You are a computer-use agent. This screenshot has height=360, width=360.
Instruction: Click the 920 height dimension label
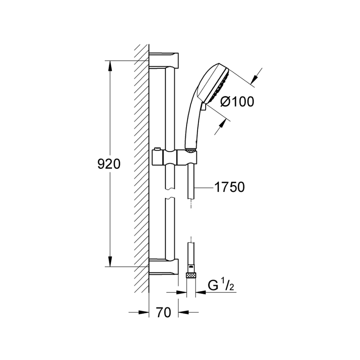(x=109, y=164)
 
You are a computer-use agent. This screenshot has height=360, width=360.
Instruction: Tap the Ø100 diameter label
(x=237, y=102)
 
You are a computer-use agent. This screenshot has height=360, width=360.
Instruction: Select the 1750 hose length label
(x=229, y=187)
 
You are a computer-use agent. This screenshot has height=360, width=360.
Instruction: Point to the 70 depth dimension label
(x=164, y=312)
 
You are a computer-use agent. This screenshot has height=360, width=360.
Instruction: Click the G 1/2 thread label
(x=221, y=285)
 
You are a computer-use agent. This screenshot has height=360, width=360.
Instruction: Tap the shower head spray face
(x=218, y=84)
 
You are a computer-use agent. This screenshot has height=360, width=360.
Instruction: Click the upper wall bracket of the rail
(x=164, y=60)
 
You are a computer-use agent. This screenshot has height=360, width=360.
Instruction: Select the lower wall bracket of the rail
(x=164, y=266)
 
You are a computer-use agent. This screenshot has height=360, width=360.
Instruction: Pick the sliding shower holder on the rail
(x=174, y=157)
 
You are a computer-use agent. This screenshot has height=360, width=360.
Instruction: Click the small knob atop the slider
(x=157, y=149)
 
